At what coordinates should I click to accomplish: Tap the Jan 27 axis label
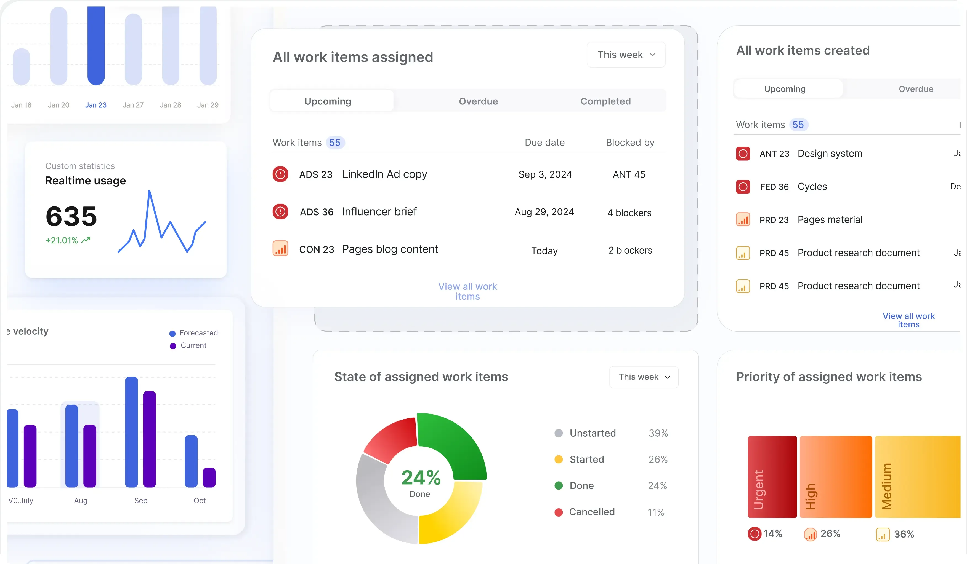(133, 105)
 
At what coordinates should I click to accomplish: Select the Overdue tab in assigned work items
(478, 101)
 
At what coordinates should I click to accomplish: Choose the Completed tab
(605, 101)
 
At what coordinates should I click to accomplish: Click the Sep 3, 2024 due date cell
(545, 174)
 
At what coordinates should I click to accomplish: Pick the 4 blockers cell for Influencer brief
(629, 213)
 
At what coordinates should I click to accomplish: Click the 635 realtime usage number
(71, 216)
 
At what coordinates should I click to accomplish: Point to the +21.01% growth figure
(62, 240)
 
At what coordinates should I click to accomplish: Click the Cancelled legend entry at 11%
(591, 512)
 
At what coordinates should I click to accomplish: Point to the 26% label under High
(830, 533)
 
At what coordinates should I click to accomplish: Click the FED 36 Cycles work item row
(812, 187)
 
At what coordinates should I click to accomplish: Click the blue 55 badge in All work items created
(798, 125)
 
